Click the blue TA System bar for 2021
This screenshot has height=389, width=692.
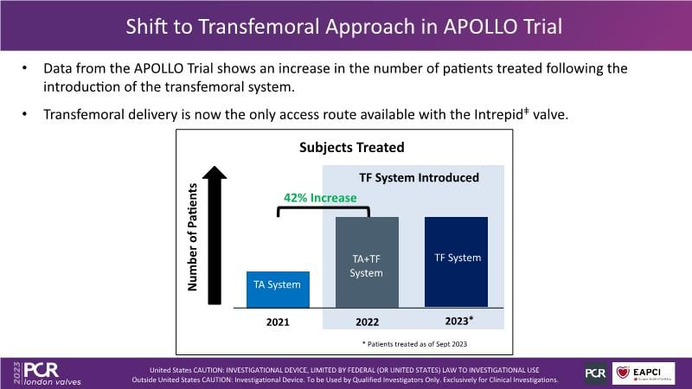tap(278, 289)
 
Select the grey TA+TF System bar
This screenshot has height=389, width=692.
tap(367, 261)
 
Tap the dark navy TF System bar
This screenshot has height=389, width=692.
tap(457, 261)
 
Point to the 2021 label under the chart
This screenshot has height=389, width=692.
tap(278, 322)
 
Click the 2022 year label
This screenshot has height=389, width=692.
tap(367, 322)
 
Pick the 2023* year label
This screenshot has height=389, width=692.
tap(458, 322)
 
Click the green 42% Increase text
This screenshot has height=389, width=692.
tap(320, 198)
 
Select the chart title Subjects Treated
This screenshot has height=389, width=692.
tap(351, 148)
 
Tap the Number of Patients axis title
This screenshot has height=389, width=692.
tap(193, 236)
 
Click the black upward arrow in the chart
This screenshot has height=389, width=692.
tap(216, 228)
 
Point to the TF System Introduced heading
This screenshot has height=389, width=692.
tap(419, 178)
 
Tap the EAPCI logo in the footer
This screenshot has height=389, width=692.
tap(644, 373)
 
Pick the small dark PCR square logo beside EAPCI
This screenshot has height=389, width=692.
tap(595, 373)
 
